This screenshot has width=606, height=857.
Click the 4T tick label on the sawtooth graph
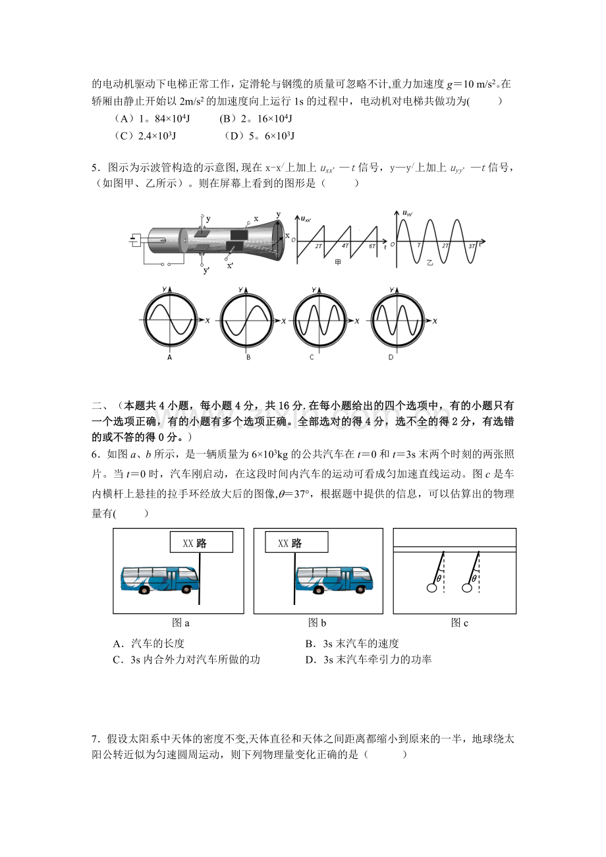coord(345,246)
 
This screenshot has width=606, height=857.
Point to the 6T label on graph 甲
coord(372,246)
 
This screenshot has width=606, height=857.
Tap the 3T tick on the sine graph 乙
coord(472,246)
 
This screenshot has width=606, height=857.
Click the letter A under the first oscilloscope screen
coord(169,357)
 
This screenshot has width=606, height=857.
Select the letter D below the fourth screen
coord(391,357)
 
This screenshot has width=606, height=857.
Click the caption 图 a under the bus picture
coord(180,623)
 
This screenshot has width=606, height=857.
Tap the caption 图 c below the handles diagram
coord(459,623)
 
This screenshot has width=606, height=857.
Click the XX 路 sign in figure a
coord(202,542)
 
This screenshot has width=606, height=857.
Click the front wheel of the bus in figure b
coord(360,590)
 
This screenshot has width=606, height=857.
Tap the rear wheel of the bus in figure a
coord(144,590)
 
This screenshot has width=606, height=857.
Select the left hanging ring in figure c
coord(431,588)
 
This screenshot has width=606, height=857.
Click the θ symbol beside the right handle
coord(474,578)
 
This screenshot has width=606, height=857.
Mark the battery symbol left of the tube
coord(134,240)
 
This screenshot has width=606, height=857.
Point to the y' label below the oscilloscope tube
coord(206,271)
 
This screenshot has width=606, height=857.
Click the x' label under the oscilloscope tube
coord(230,265)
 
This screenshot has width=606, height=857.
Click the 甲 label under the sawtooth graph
coord(338,263)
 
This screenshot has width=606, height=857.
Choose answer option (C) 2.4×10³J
coord(145,136)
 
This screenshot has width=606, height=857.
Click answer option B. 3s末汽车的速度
coord(352,644)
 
